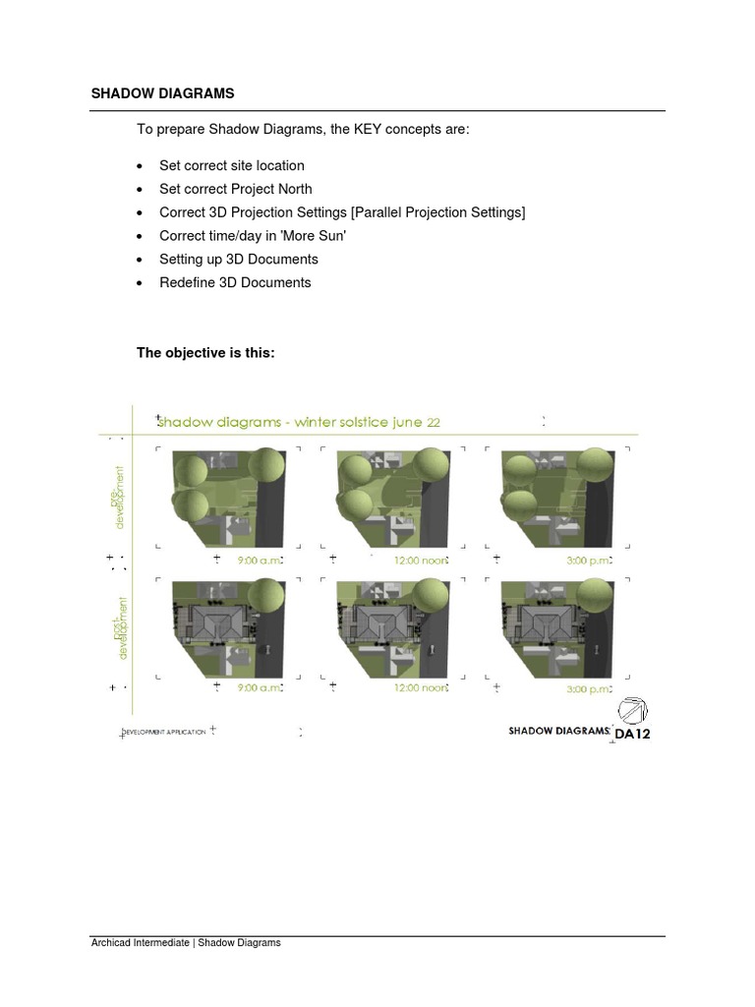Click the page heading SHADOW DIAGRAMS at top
(162, 94)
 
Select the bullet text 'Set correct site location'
(231, 166)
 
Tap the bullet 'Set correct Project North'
(235, 189)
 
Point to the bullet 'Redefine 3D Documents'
(235, 282)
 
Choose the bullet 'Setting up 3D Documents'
(238, 260)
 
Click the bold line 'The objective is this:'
(205, 352)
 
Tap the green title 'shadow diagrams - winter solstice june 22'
(299, 422)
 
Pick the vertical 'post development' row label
(120, 627)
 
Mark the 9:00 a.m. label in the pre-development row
(261, 560)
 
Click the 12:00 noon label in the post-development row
(420, 688)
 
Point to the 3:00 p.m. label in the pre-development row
(588, 560)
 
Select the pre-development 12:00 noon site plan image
(394, 499)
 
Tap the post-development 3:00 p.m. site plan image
(557, 626)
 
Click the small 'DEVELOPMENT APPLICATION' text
(164, 733)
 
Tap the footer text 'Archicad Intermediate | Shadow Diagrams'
(186, 942)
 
